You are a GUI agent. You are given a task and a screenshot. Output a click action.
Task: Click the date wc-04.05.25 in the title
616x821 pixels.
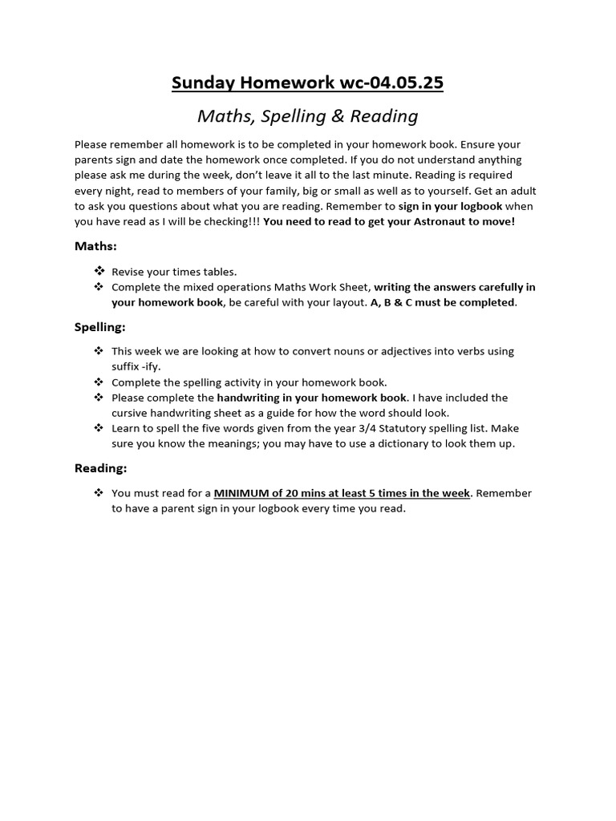pyautogui.click(x=387, y=83)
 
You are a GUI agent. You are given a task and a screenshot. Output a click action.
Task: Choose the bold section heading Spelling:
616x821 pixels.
pyautogui.click(x=99, y=326)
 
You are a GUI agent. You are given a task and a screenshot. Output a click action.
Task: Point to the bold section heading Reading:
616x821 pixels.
pyautogui.click(x=100, y=467)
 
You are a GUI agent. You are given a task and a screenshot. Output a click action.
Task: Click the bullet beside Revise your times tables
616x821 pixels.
pyautogui.click(x=99, y=272)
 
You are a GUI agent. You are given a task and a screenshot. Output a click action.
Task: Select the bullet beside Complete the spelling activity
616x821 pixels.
pyautogui.click(x=99, y=382)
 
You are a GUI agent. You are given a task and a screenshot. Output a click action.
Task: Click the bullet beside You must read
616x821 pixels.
pyautogui.click(x=99, y=492)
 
